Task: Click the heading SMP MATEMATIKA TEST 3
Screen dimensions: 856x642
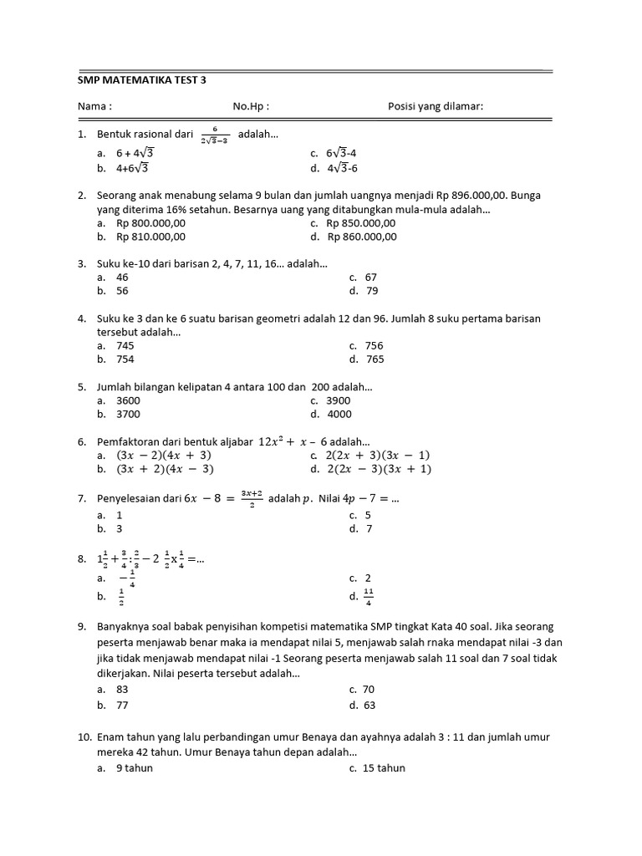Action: (x=141, y=80)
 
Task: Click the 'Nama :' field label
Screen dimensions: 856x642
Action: (x=94, y=107)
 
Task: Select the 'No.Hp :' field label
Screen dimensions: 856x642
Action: (x=251, y=107)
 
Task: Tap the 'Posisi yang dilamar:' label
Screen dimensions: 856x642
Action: (x=436, y=107)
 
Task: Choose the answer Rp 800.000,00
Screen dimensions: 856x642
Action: (x=150, y=223)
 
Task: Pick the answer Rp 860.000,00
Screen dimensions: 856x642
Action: (x=362, y=237)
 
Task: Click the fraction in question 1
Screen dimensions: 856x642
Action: (x=215, y=135)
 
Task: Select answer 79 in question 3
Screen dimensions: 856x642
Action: (x=372, y=291)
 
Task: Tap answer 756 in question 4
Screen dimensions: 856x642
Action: (x=374, y=345)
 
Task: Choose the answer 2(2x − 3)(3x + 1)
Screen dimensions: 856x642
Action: (x=379, y=469)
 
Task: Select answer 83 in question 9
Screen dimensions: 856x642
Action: (x=123, y=690)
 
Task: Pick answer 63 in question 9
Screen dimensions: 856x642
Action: (x=369, y=705)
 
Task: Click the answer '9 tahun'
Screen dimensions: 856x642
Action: (x=135, y=767)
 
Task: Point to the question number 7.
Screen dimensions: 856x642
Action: (x=82, y=499)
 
